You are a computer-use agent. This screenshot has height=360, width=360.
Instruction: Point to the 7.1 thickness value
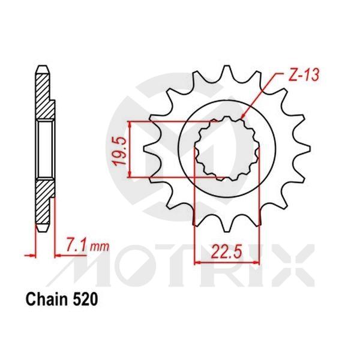click(74, 244)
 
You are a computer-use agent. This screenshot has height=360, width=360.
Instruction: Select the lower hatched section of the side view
click(43, 204)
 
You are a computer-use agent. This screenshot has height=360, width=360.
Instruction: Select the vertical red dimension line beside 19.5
click(130, 150)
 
